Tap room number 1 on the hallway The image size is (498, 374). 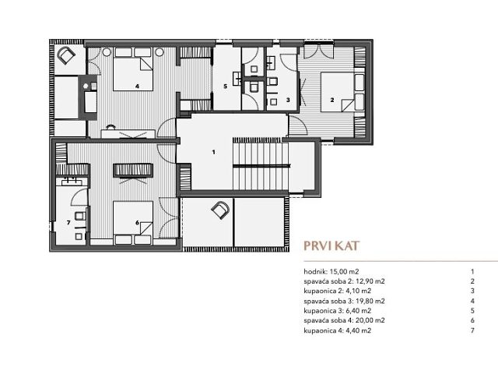212,153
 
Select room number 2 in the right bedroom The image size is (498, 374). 332,101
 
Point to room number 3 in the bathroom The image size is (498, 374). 287,101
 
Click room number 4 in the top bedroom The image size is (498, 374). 137,86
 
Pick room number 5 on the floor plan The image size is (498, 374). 225,86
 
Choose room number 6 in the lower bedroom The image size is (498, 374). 137,222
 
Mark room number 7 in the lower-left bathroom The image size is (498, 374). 68,222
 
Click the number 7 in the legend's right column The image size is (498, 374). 472,330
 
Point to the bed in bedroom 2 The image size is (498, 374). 332,90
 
